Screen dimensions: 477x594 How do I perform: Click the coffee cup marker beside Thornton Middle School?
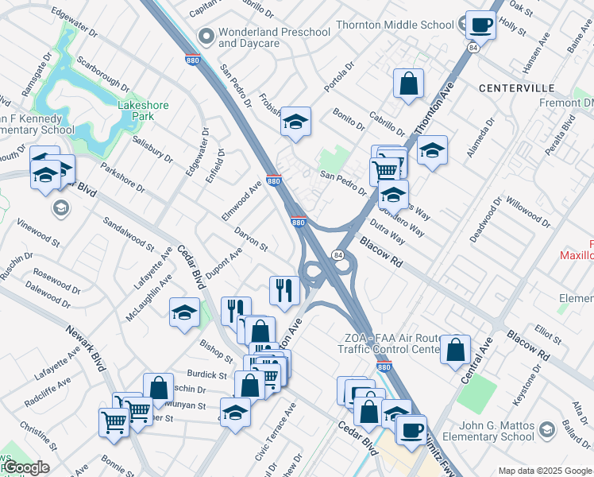point(480,25)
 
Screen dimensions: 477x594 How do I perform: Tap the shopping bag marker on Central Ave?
point(456,351)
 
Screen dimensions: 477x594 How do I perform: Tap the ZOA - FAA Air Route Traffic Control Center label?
point(388,343)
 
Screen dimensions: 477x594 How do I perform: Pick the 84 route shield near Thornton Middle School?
point(473,48)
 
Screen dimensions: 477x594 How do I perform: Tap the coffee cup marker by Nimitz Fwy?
point(411,430)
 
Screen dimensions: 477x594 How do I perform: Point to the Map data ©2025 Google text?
point(545,471)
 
